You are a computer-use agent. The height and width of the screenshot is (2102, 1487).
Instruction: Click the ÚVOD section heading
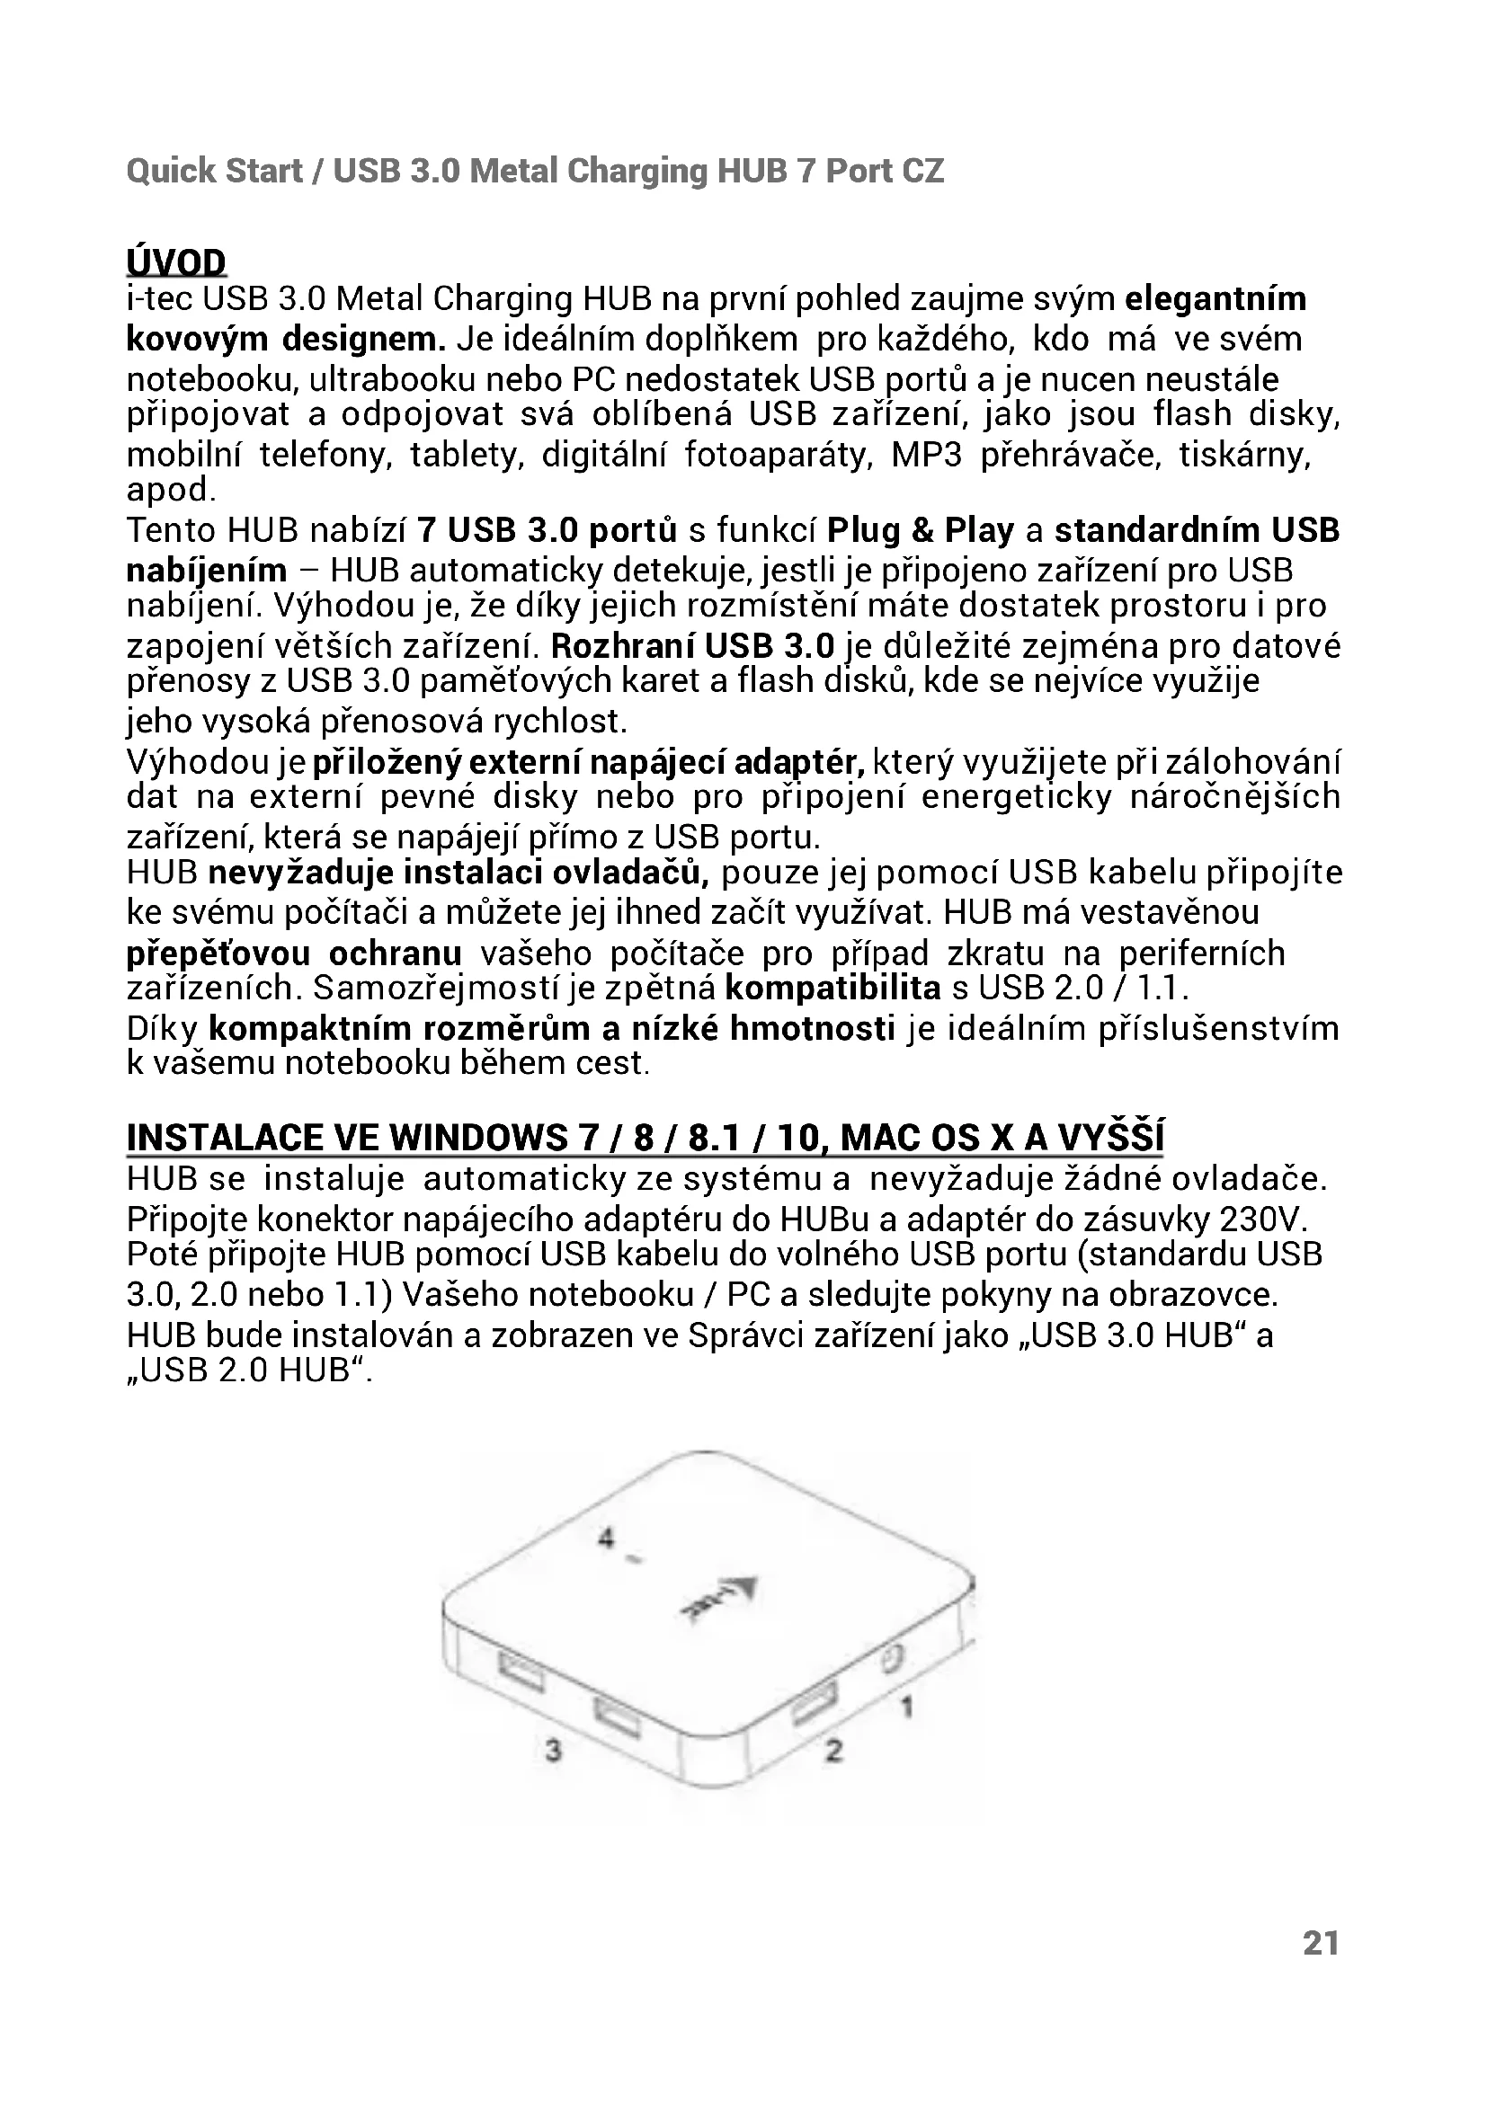[x=176, y=262]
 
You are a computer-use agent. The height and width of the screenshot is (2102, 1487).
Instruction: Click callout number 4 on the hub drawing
[x=605, y=1538]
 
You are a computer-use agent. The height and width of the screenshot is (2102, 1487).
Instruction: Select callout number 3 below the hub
[x=553, y=1751]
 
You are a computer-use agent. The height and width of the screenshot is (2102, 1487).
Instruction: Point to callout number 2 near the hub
[x=833, y=1751]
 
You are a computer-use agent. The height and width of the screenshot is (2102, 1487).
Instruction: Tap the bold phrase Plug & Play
[x=921, y=530]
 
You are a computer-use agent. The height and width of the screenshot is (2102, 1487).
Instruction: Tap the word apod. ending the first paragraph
[x=171, y=491]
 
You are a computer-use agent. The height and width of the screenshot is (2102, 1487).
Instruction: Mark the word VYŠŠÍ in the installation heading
[x=1110, y=1138]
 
